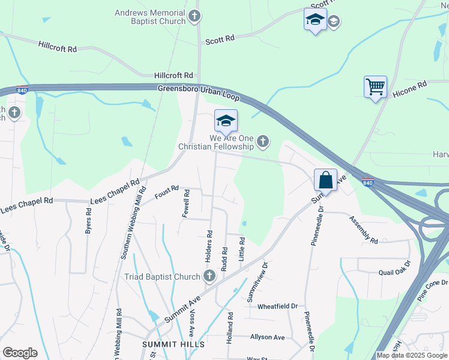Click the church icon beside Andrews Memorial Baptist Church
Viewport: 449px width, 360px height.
[194, 16]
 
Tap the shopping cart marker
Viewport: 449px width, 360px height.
[375, 87]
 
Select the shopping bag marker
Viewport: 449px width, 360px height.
[325, 179]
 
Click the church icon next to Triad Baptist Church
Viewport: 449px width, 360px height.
[209, 277]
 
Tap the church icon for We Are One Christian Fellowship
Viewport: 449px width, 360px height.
[262, 142]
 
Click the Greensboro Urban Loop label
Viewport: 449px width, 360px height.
[199, 92]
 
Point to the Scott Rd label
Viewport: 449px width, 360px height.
[220, 40]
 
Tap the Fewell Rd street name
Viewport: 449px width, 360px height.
[187, 204]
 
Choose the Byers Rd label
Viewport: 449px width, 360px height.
[88, 221]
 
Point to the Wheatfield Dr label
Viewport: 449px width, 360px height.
[277, 306]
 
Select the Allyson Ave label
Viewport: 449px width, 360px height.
[268, 337]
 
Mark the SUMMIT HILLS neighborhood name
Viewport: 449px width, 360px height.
[173, 344]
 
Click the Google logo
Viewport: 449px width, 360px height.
[20, 353]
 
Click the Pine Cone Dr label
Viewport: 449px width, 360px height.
[433, 289]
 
